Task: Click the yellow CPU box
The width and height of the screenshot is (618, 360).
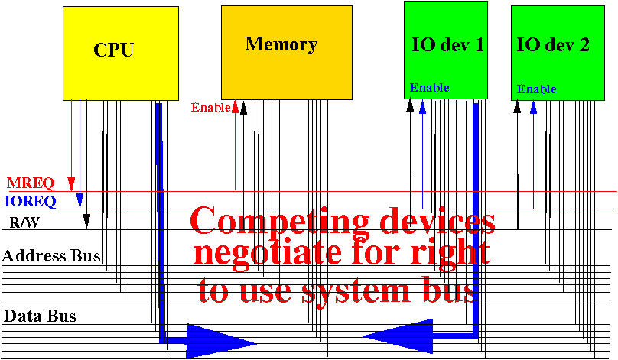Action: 121,54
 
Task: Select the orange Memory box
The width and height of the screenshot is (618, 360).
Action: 287,53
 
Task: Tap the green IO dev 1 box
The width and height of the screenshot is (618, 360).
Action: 446,50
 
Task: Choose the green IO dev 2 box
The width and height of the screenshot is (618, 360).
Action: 558,53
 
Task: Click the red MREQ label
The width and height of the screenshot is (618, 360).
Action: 31,183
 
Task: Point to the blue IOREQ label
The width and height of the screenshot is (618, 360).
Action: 31,201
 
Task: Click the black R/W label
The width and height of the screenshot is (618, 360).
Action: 24,223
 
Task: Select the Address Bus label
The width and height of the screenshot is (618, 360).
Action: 51,255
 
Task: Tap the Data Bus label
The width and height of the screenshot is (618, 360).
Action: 40,316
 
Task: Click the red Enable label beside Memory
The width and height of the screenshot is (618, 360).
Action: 211,107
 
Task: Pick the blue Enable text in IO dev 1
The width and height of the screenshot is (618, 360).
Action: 430,87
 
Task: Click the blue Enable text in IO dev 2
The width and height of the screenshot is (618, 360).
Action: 536,89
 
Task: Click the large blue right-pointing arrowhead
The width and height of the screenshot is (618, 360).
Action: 221,341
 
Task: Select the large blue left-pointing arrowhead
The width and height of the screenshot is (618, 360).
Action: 398,336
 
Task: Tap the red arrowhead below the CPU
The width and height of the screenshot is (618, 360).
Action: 71,184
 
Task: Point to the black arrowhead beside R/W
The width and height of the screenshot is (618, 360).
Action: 86,221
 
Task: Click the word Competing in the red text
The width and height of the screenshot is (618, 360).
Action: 280,222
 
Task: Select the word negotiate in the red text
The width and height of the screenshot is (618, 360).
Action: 268,253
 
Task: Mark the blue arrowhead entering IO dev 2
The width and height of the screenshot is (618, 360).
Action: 533,108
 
